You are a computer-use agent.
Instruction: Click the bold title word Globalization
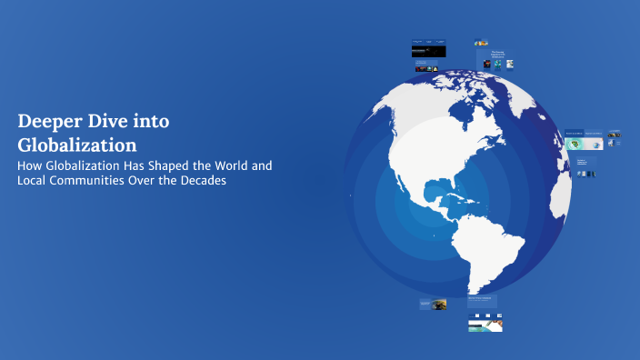(x=76, y=145)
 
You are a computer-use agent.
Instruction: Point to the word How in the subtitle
(x=30, y=166)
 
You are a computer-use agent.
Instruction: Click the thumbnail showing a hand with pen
(x=485, y=324)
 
